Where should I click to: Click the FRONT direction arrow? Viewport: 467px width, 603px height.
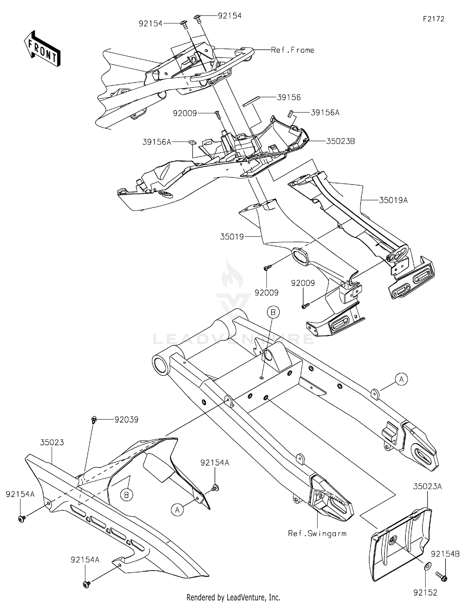(42, 49)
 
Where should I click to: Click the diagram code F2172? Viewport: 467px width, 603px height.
(433, 19)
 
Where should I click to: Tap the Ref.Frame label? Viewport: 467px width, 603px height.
(292, 50)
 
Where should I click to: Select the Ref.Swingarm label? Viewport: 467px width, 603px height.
(317, 534)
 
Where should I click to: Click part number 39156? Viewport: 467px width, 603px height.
(289, 97)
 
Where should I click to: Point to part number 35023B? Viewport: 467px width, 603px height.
(340, 141)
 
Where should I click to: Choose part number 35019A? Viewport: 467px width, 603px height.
(393, 200)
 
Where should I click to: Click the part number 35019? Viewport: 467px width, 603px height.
(232, 237)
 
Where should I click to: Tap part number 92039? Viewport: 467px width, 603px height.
(126, 420)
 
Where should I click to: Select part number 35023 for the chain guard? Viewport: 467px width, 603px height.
(52, 442)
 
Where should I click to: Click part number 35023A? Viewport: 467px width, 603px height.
(427, 486)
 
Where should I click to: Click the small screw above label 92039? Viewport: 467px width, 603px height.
(93, 420)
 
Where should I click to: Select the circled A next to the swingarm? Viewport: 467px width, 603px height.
(401, 379)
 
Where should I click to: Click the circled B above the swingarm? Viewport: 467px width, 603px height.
(273, 312)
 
